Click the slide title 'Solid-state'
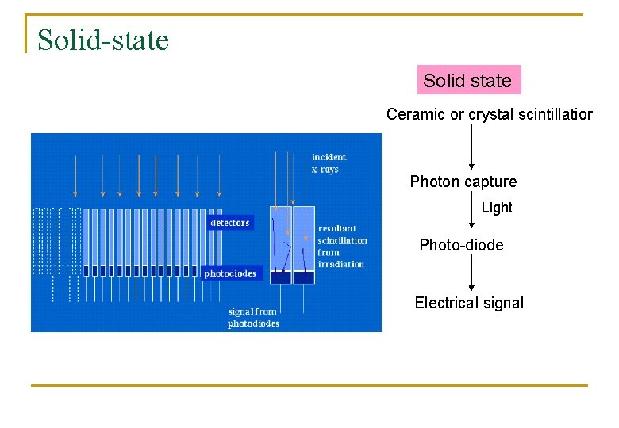(x=103, y=39)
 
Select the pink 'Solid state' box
(x=468, y=80)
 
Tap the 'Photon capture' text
(x=463, y=182)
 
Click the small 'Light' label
(x=497, y=208)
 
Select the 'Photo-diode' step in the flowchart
(x=461, y=245)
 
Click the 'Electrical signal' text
(x=469, y=303)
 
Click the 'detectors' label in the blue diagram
(x=229, y=223)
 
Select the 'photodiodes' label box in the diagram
(x=230, y=273)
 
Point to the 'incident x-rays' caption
(x=329, y=163)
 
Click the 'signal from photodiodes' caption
(x=253, y=318)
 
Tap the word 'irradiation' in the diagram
(x=341, y=263)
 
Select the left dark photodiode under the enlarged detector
(x=281, y=277)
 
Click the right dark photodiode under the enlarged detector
(x=304, y=277)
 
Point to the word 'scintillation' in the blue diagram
(x=342, y=240)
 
